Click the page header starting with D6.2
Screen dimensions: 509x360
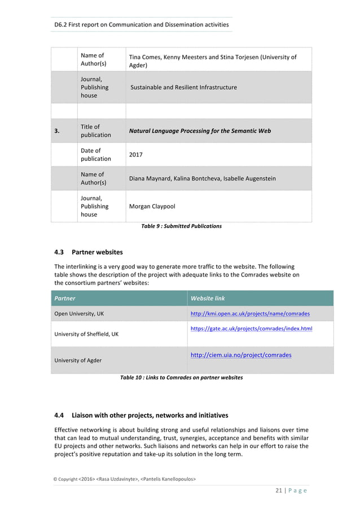point(141,24)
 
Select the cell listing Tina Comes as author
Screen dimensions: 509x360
point(213,61)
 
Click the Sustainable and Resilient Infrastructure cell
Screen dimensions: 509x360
point(184,87)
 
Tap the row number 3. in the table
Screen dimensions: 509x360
point(57,131)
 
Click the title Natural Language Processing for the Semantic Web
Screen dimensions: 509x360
point(200,131)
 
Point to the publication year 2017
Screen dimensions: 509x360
point(136,155)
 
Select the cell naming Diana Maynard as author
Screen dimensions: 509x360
point(202,178)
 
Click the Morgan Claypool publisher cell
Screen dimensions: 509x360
point(152,207)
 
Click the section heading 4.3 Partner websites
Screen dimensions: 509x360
point(88,252)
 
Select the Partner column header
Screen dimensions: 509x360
point(65,298)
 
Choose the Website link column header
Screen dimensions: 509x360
point(208,298)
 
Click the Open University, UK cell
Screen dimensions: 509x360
point(79,314)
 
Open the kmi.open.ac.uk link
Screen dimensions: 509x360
point(250,314)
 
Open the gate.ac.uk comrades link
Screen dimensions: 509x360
point(251,328)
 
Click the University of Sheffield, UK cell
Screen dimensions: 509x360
point(86,334)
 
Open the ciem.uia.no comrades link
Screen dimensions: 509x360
point(241,356)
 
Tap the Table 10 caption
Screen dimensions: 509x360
point(181,378)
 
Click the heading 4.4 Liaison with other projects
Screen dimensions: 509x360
point(141,415)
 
